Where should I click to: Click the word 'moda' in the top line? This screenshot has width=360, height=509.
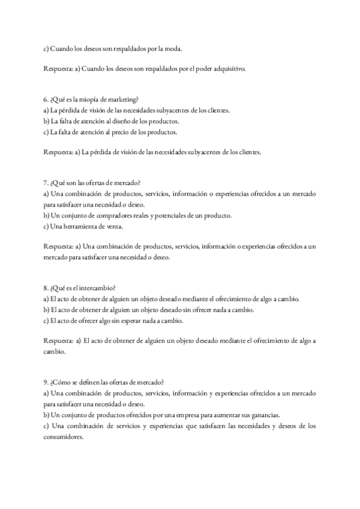click(173, 49)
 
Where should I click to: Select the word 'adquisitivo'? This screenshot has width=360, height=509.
click(228, 69)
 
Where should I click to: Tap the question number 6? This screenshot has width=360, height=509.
click(46, 100)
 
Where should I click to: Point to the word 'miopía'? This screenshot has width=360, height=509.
click(89, 100)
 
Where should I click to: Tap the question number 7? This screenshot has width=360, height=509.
click(46, 183)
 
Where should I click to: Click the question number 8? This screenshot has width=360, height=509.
click(46, 288)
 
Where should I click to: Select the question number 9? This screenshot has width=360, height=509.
click(46, 382)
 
